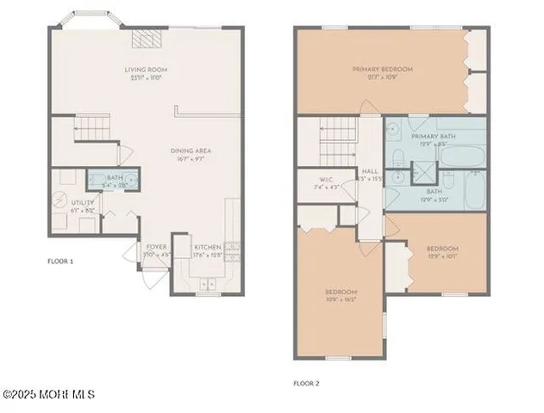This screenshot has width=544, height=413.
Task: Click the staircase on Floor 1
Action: (x=91, y=131)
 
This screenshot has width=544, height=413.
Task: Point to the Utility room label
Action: (x=59, y=206)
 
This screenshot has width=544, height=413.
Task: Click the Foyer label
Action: (x=156, y=250)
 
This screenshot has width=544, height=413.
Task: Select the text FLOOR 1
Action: (x=61, y=261)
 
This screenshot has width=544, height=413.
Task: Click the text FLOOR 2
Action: (x=307, y=383)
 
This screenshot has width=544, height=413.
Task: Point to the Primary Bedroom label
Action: (x=383, y=73)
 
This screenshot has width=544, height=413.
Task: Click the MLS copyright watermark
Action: (x=48, y=395)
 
